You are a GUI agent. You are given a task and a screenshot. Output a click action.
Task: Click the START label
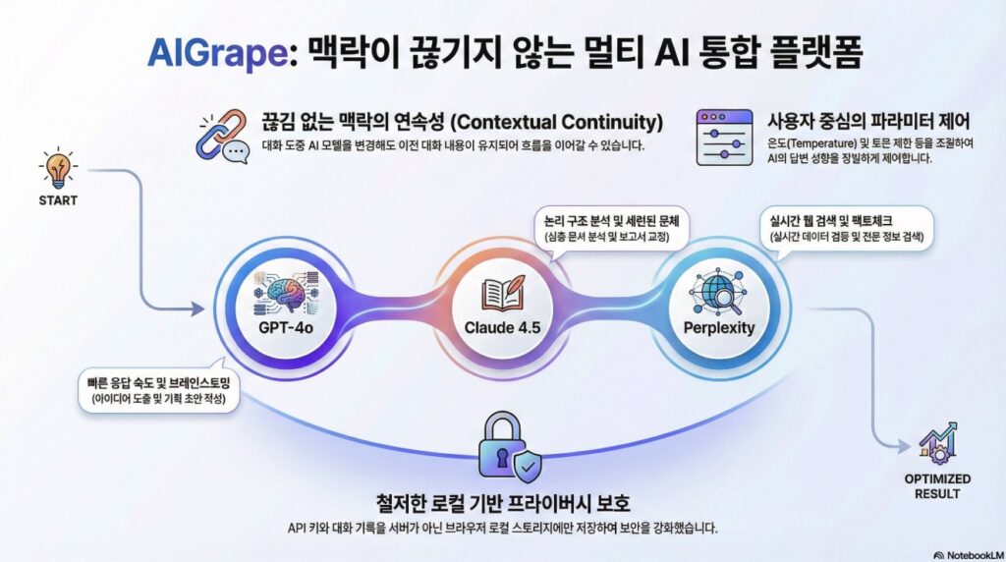tap(58, 201)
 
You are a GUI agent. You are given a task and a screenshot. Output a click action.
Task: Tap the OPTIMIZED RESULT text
tap(936, 485)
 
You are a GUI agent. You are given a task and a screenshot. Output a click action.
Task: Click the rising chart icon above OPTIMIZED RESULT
tap(937, 445)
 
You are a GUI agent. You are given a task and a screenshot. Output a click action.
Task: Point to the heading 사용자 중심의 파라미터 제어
tap(867, 123)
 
